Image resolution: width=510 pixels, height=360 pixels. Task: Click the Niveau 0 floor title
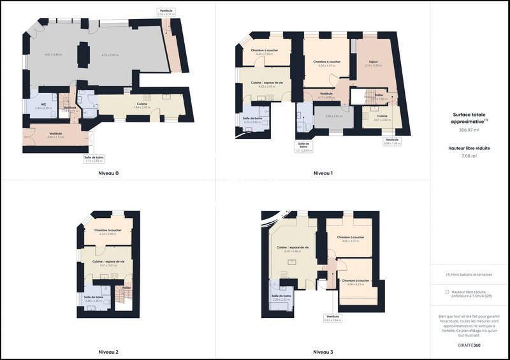[x=108, y=173]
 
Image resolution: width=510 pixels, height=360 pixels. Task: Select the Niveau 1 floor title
[x=323, y=173]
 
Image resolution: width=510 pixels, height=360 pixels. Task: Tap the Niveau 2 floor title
[x=108, y=352]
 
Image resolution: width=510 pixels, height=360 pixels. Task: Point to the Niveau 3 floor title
[x=323, y=352]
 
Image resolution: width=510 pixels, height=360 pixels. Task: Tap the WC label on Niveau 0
[x=43, y=104]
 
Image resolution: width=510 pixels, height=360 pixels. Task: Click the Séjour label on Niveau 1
[x=372, y=62]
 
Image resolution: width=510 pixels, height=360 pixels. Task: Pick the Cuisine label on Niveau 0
[x=142, y=104]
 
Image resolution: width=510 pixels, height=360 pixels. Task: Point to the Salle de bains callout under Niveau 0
[x=93, y=159]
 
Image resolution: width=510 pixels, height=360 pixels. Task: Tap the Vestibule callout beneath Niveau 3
[x=333, y=318]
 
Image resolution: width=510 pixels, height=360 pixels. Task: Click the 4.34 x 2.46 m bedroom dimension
[x=108, y=235]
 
